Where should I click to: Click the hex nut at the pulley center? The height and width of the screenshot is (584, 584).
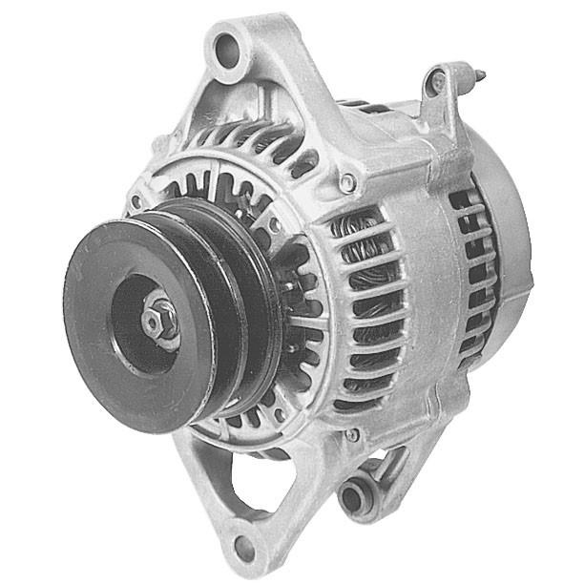[x=158, y=323]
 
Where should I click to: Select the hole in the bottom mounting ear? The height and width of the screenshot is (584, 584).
[x=244, y=547]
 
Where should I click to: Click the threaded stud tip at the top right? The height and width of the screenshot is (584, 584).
[x=477, y=73]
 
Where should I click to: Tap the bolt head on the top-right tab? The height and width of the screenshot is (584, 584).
[x=438, y=83]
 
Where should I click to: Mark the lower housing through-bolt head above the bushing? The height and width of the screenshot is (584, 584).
[x=352, y=435]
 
